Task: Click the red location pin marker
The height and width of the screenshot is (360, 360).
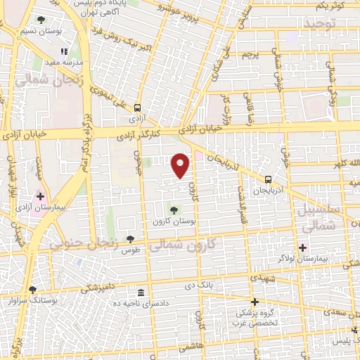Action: coord(181,165)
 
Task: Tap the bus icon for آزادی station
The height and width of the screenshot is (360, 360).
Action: coord(137,108)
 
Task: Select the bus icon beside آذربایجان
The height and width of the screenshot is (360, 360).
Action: coord(268,179)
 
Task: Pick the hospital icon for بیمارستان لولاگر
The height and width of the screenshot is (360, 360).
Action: coord(303,247)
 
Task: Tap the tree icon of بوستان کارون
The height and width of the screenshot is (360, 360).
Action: coord(174,210)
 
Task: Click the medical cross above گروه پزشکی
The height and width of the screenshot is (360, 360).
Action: coord(255,301)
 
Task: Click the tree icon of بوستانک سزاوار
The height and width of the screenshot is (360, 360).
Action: coord(32,289)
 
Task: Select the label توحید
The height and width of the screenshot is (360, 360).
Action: coord(321,25)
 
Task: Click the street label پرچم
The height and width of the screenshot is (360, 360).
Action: coord(250,53)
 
